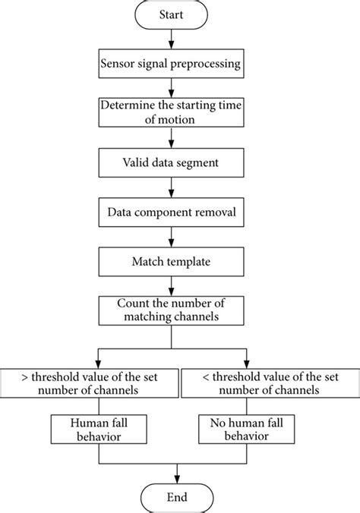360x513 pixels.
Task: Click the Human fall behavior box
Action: [x=88, y=430]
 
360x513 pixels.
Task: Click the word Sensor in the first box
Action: [x=118, y=63]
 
